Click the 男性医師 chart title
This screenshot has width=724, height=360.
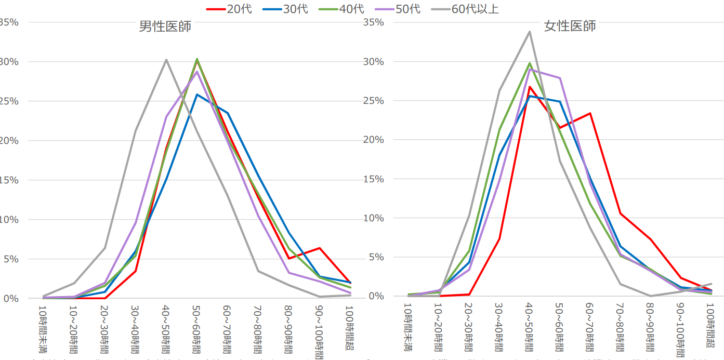click(165, 26)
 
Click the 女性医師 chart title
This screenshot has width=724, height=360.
click(570, 26)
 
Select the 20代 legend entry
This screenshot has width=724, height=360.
click(229, 9)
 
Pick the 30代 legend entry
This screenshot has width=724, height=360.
click(285, 9)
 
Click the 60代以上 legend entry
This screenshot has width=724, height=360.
click(465, 9)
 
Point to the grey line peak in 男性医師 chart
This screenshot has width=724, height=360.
click(166, 60)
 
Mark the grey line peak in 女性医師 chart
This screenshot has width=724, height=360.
click(530, 32)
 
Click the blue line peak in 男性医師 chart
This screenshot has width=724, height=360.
click(197, 95)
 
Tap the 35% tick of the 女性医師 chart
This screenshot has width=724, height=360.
click(374, 22)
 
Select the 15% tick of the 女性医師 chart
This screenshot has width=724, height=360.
click(374, 179)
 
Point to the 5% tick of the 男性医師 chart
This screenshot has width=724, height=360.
click(9, 259)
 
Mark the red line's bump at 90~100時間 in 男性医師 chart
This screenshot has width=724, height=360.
click(319, 248)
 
